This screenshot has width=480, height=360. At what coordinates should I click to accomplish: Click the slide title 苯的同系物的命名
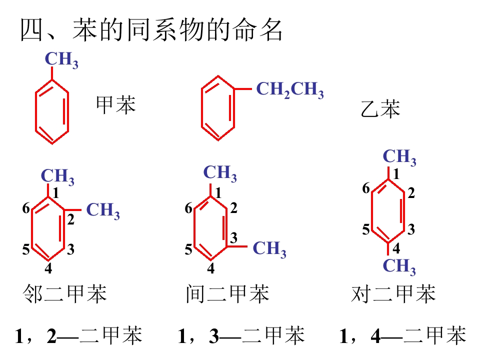click(x=177, y=29)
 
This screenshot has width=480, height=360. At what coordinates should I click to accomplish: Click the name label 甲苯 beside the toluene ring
click(x=115, y=104)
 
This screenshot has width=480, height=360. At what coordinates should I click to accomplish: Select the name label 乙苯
click(x=380, y=108)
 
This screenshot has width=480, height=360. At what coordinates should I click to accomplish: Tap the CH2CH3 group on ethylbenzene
click(x=290, y=90)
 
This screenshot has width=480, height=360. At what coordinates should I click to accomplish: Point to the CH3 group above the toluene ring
click(x=61, y=59)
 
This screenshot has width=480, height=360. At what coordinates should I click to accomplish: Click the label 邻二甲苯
click(x=64, y=294)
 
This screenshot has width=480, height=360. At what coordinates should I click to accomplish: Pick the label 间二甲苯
click(x=227, y=294)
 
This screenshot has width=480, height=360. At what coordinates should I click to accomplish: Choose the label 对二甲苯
click(x=393, y=294)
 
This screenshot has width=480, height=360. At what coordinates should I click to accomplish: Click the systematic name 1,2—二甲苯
click(x=78, y=335)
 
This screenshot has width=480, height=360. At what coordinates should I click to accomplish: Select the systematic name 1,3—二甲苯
click(x=241, y=335)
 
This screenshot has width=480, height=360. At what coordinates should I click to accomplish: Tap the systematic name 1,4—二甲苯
click(x=403, y=335)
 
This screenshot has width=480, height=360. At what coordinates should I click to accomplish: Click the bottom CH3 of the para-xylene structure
click(x=399, y=266)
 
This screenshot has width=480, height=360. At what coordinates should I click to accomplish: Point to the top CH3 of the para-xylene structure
click(x=399, y=157)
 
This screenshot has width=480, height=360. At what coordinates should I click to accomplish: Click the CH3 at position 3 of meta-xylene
click(x=269, y=249)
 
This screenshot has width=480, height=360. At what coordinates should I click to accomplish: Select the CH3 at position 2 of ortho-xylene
click(x=103, y=211)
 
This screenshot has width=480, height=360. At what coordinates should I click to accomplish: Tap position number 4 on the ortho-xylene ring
click(x=48, y=268)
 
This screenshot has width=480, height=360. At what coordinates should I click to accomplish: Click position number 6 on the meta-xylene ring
click(x=188, y=208)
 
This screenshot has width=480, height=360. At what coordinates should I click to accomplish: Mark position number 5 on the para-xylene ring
click(x=366, y=229)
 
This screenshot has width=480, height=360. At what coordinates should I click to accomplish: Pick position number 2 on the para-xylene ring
click(x=411, y=193)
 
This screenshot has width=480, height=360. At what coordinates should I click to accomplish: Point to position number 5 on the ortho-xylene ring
click(x=25, y=249)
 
